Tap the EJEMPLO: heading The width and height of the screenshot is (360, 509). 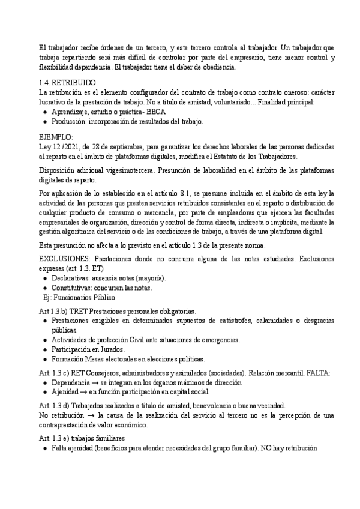(x=55, y=137)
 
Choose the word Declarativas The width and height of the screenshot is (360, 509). (x=73, y=278)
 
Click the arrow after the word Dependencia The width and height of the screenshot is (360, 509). (x=98, y=382)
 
